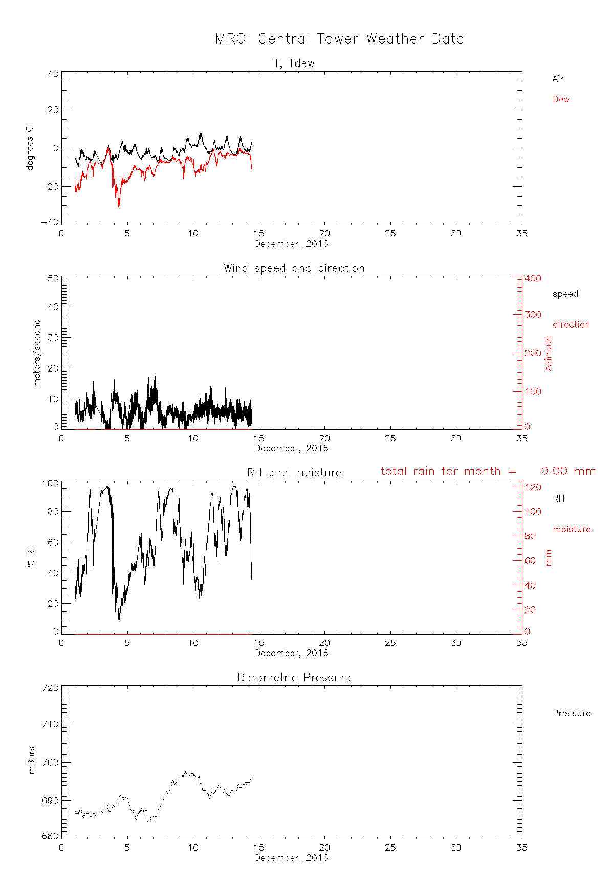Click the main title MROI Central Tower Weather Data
pyautogui.click(x=339, y=39)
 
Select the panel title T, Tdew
pyautogui.click(x=294, y=63)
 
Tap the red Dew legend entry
pyautogui.click(x=561, y=99)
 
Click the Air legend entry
pyautogui.click(x=558, y=79)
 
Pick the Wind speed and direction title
pyautogui.click(x=294, y=268)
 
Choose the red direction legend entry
pyautogui.click(x=571, y=324)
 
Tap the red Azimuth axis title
pyautogui.click(x=549, y=353)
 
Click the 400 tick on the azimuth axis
pyautogui.click(x=533, y=279)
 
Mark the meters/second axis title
pyautogui.click(x=37, y=353)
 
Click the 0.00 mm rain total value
pyautogui.click(x=568, y=471)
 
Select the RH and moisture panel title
pyautogui.click(x=294, y=473)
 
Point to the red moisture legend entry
pyautogui.click(x=572, y=529)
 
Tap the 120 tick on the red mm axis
pyautogui.click(x=533, y=487)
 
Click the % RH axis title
pyautogui.click(x=32, y=556)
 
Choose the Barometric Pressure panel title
pyautogui.click(x=294, y=678)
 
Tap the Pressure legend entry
pyautogui.click(x=572, y=713)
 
